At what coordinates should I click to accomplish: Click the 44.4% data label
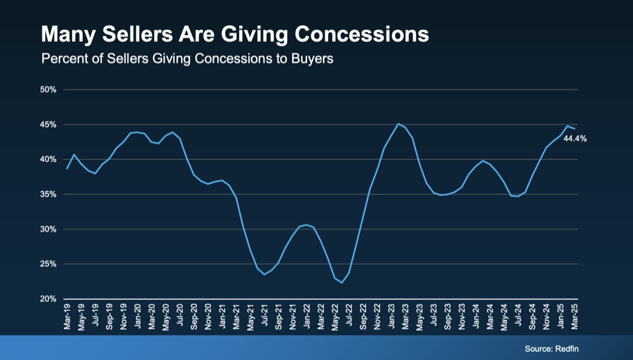tap(575, 138)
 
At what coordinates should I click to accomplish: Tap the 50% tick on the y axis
tap(48, 90)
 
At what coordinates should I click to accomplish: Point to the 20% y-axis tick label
tap(48, 299)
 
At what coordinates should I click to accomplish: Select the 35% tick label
tap(48, 194)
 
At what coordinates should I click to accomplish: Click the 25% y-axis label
tap(48, 264)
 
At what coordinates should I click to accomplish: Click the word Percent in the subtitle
tap(62, 59)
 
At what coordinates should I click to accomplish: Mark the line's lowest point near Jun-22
tap(341, 282)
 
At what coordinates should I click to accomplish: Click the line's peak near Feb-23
tap(398, 124)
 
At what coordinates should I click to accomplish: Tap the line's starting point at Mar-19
tap(67, 169)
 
